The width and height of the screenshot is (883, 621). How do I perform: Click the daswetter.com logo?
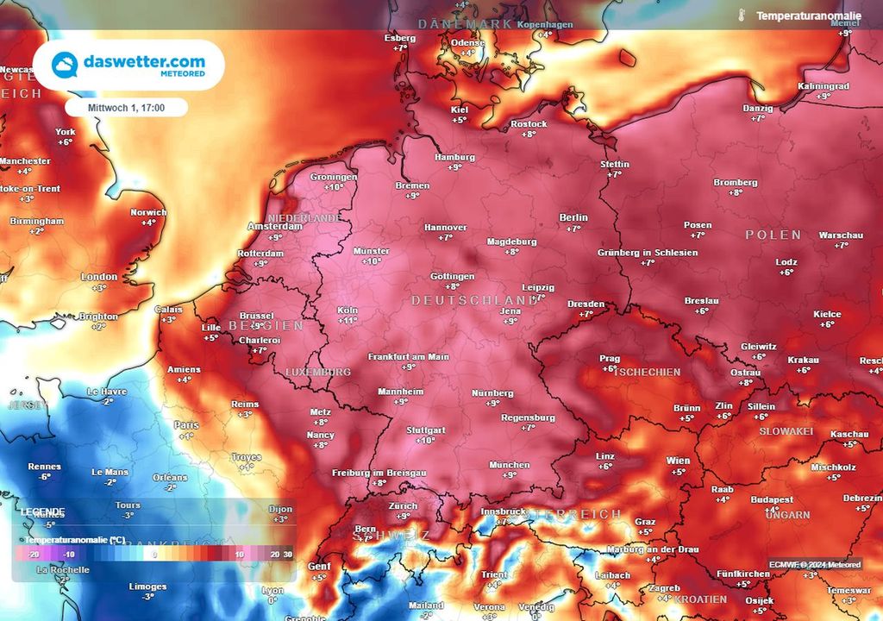coord(128,66)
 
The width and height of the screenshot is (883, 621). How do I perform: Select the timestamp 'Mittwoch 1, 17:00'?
coord(126,108)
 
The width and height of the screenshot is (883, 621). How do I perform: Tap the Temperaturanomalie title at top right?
coord(808,16)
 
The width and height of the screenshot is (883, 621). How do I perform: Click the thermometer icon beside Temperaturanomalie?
coord(741,15)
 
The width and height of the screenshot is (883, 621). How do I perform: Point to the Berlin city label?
coord(573,217)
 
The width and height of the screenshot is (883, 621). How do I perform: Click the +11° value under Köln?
coord(348,320)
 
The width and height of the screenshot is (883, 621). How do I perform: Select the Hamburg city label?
coord(455,157)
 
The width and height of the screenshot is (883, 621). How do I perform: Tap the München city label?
coord(509,465)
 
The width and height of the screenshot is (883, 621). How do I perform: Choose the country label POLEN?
coord(773,235)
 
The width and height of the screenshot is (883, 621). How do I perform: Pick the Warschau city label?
coord(840,235)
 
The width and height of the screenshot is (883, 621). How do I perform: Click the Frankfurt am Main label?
coord(408,356)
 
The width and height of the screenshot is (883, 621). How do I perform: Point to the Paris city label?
coord(186,425)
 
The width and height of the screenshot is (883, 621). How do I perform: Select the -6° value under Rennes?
coord(45,477)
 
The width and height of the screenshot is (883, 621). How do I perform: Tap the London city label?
coord(98,277)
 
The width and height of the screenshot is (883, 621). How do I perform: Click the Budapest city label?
coord(772,499)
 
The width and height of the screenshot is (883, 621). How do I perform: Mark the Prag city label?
coord(610,358)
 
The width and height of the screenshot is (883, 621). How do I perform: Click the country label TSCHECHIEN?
coord(648,373)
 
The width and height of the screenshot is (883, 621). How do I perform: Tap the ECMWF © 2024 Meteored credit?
coord(815,564)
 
